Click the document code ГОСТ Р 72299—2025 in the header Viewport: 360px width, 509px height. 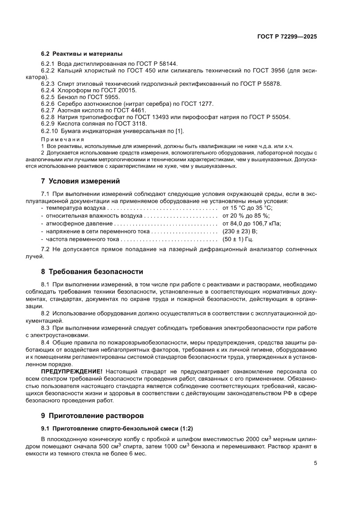point(286,37)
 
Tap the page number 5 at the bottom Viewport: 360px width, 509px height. point(315,463)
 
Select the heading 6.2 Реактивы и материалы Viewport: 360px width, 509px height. point(82,54)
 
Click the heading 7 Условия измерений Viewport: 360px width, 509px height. point(80,181)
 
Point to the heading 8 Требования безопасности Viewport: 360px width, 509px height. point(92,272)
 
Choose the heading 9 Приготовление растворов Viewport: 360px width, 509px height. point(92,415)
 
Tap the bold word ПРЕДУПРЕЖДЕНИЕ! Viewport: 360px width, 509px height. point(72,371)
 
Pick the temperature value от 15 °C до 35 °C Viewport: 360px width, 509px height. point(247,209)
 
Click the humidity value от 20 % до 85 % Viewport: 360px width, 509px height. point(246,216)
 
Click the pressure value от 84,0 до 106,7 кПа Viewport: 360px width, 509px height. point(252,224)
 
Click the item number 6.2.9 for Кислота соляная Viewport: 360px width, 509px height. point(47,124)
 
